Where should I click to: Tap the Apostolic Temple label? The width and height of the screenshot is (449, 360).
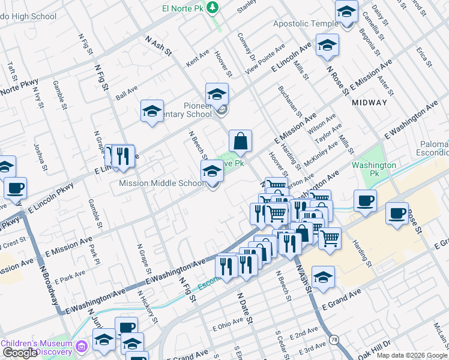(306, 23)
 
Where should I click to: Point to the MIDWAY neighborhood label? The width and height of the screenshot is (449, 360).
(369, 103)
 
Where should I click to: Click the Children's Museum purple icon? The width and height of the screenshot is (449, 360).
(82, 346)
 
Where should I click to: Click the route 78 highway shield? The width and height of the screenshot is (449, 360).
(334, 340)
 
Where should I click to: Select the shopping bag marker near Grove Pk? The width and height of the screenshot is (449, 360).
(240, 142)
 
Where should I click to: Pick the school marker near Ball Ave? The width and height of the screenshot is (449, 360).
(152, 111)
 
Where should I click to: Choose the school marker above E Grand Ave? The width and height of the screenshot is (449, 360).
(323, 277)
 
